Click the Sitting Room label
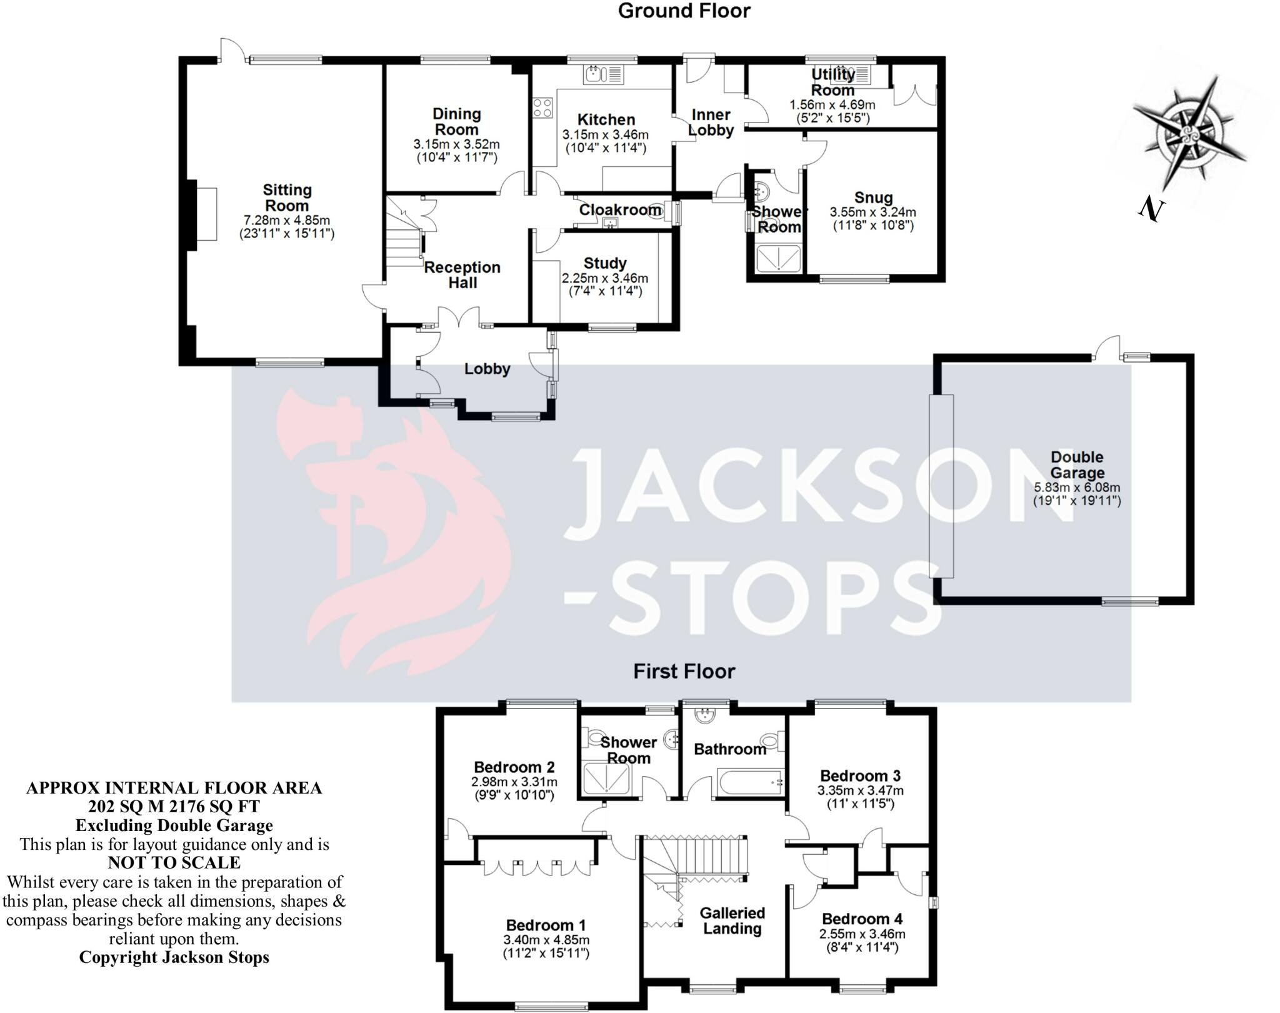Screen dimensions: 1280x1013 (x=287, y=198)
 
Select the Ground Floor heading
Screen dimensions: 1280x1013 (x=684, y=11)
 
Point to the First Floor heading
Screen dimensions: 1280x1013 (x=684, y=671)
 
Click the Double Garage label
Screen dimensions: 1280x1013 (x=1077, y=465)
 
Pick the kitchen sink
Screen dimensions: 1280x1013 (x=603, y=75)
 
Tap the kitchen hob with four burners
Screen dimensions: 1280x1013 (x=542, y=108)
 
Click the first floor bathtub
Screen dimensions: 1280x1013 (x=748, y=783)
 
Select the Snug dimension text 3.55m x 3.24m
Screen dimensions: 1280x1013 (x=872, y=213)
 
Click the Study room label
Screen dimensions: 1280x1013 (x=604, y=263)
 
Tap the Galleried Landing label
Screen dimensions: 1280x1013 (x=732, y=920)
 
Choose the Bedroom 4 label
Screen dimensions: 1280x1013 (x=862, y=919)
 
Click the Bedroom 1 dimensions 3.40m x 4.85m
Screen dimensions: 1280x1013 (x=546, y=940)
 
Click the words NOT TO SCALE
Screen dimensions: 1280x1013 (x=174, y=863)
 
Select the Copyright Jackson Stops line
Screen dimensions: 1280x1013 (x=174, y=957)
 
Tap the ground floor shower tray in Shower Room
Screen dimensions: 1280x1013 (x=778, y=258)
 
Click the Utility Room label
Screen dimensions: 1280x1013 (x=832, y=82)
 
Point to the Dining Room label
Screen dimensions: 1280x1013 (x=457, y=121)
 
